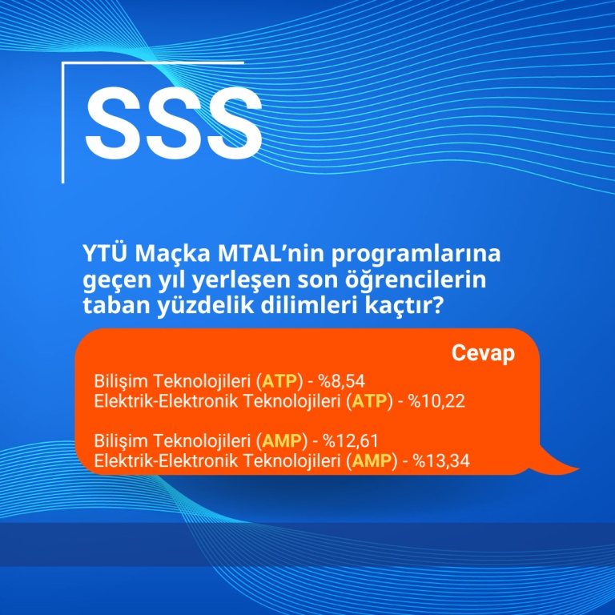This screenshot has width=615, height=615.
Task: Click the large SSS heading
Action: (174, 122)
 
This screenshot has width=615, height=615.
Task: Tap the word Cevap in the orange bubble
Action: (483, 354)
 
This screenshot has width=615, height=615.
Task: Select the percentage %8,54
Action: (341, 381)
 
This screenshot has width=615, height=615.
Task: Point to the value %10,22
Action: (436, 401)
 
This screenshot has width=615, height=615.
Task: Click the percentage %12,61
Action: (351, 441)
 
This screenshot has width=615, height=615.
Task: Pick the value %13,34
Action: (441, 461)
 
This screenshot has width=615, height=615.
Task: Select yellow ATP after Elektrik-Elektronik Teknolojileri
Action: (369, 401)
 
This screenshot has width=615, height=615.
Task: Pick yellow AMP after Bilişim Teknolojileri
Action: (282, 441)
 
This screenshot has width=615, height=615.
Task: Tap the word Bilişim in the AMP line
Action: (120, 441)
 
